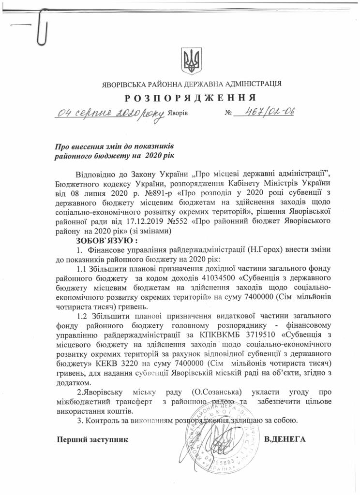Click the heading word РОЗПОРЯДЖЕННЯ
(x=190, y=98)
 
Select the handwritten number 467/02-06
(x=264, y=112)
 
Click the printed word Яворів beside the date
(x=178, y=115)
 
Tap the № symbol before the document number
(x=229, y=115)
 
